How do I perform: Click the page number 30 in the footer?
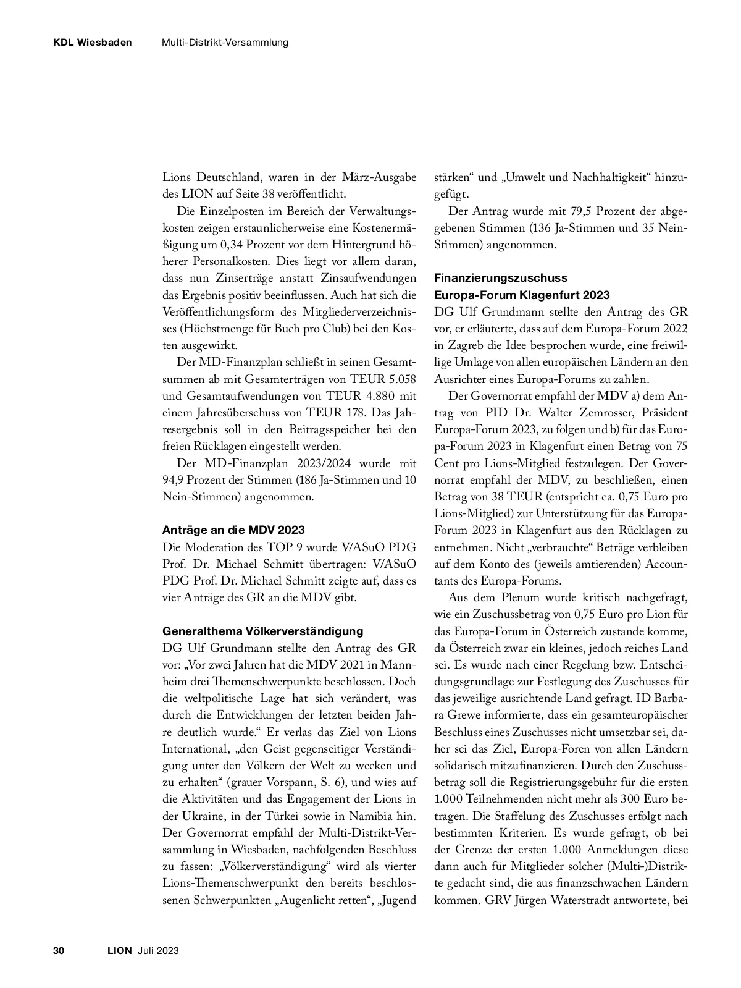(x=59, y=950)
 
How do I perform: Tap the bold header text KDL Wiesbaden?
(x=92, y=43)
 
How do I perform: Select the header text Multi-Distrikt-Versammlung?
(x=225, y=43)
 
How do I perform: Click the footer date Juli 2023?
(x=159, y=950)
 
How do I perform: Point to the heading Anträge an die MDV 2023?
(x=233, y=530)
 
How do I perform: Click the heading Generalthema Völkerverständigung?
(x=263, y=631)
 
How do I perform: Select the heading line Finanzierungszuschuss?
(x=501, y=278)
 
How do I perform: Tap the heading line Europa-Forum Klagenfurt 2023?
(x=522, y=295)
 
